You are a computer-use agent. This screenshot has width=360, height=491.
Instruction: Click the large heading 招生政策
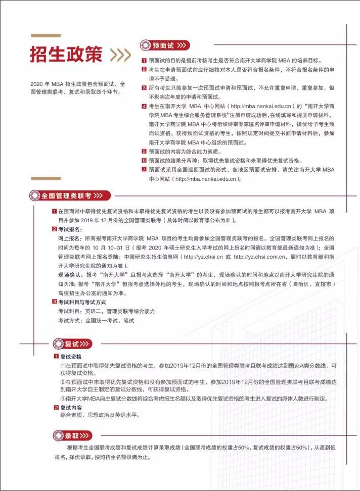pos(66,55)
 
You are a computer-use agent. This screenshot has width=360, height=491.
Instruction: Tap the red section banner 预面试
pos(165,45)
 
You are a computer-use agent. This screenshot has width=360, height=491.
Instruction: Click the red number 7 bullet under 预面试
pos(144,169)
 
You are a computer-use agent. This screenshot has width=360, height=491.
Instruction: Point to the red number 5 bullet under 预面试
pos(144,151)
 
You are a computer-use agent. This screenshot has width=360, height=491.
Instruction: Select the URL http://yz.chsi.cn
pos(202,257)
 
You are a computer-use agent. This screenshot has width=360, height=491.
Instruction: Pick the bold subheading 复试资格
pos(71,357)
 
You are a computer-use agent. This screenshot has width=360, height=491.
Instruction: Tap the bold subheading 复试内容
pos(71,407)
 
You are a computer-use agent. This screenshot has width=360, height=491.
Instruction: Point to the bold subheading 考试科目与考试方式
pos(85,302)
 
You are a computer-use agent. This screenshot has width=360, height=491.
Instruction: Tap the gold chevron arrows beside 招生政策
pos(120,55)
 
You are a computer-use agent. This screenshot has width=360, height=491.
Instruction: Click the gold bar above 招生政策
pos(46,35)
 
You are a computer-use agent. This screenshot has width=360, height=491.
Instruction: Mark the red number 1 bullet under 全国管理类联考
pos(54,211)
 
